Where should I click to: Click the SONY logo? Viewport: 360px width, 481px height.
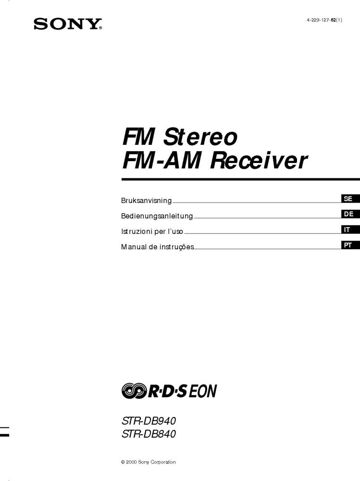click(68, 24)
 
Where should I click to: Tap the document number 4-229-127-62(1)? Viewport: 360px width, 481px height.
click(324, 20)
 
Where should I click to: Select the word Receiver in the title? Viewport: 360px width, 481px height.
click(258, 161)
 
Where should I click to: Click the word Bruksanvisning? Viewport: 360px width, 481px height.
click(146, 201)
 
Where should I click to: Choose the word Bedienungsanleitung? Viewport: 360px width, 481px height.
click(157, 216)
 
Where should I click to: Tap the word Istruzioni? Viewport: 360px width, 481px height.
click(137, 231)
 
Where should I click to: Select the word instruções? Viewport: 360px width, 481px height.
click(177, 247)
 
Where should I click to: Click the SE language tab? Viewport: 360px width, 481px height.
click(348, 199)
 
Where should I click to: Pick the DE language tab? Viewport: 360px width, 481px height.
click(348, 214)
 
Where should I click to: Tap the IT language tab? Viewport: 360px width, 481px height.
click(348, 230)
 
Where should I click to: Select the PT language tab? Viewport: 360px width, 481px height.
click(348, 245)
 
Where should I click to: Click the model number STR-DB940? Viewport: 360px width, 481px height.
click(149, 421)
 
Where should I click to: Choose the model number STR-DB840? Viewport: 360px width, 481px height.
click(149, 435)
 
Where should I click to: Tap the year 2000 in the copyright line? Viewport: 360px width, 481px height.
click(131, 462)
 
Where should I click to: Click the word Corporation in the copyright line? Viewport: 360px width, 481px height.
click(163, 462)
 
